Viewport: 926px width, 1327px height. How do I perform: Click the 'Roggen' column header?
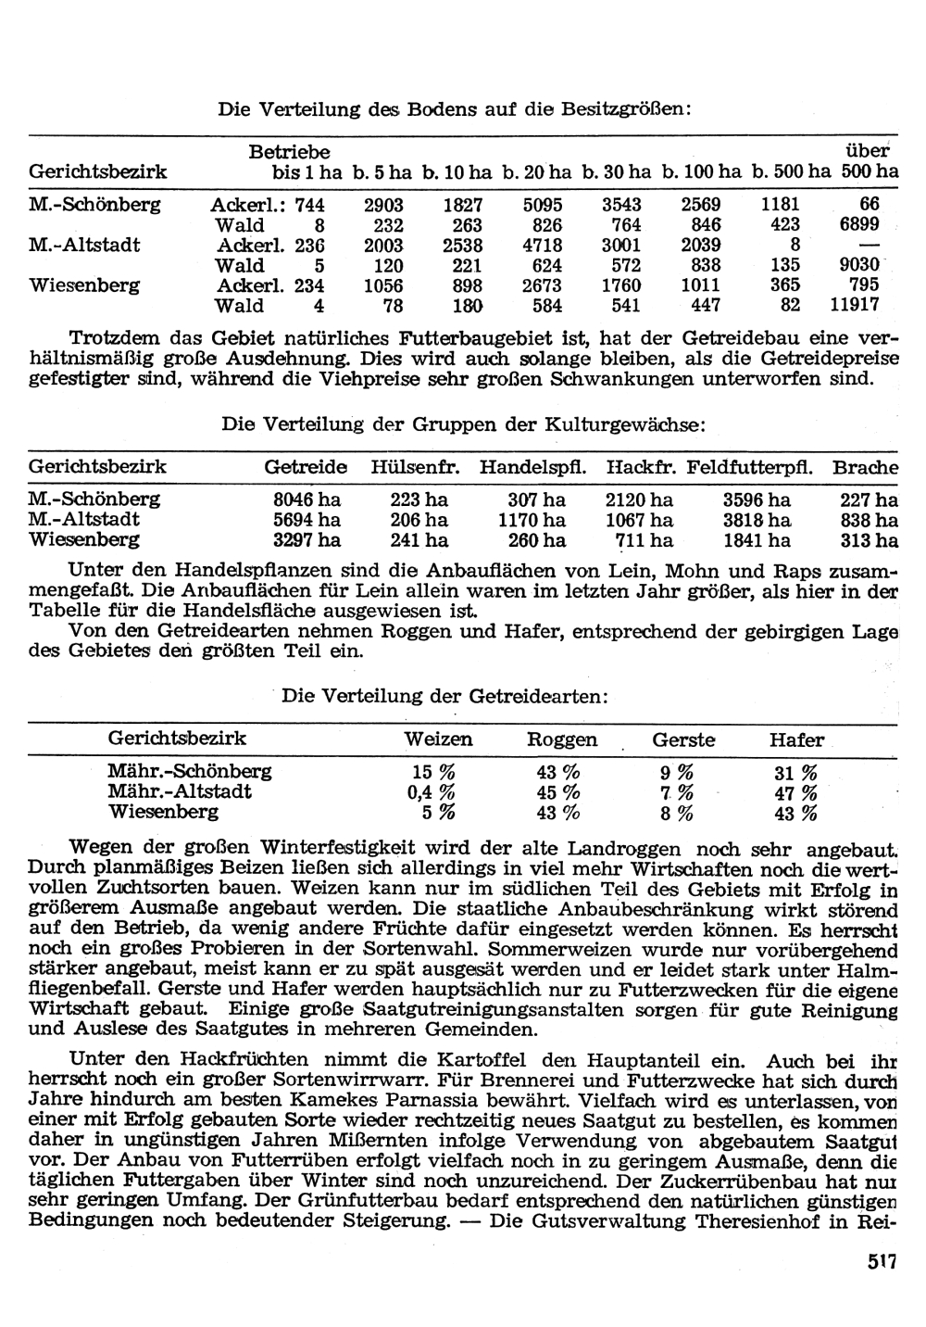click(562, 739)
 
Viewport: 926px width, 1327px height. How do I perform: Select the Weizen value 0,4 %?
click(431, 792)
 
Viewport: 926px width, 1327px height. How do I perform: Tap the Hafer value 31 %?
click(795, 772)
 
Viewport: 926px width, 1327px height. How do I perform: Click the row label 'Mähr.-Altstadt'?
click(180, 792)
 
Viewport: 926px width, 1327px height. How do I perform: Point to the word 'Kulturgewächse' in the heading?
click(636, 424)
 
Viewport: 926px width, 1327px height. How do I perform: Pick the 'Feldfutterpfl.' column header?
click(750, 467)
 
